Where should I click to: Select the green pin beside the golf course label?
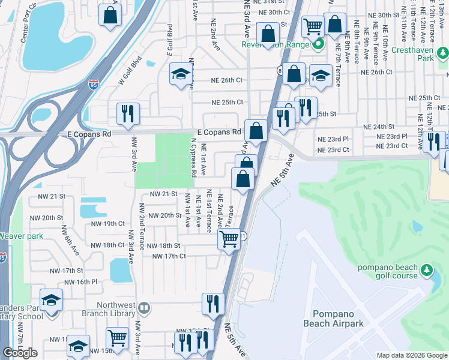coord(427,271)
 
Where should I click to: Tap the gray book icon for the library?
coord(143,308)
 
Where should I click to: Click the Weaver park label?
coord(22,236)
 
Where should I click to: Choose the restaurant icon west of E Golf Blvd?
coord(127,113)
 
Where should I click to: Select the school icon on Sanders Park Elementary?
coord(52,299)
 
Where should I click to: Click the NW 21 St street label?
coord(163,194)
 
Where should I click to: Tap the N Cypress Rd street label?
coord(193,158)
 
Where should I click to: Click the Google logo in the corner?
coord(20,353)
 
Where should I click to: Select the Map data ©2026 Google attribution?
coord(412,355)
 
